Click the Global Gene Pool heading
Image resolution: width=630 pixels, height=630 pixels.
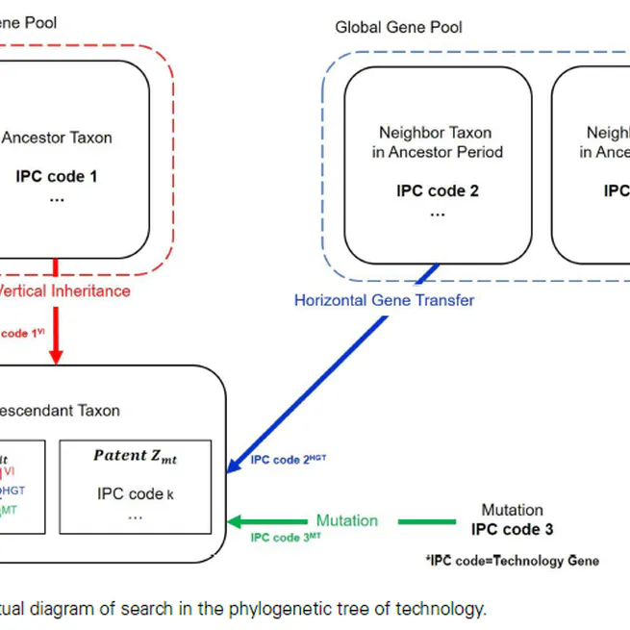(x=398, y=27)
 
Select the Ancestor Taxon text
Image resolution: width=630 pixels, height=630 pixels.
(x=57, y=138)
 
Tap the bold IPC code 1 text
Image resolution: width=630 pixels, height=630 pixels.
(x=57, y=176)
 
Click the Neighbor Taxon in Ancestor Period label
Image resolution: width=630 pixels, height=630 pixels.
(x=437, y=142)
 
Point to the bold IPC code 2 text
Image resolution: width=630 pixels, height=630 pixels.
(x=437, y=190)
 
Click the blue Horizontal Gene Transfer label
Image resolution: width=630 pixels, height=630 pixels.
(x=384, y=300)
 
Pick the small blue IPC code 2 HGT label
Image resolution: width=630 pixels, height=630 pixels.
(x=289, y=460)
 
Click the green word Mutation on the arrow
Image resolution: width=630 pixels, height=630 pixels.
(x=347, y=520)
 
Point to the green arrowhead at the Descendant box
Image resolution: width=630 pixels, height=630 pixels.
(x=234, y=521)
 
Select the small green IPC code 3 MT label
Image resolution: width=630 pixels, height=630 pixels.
(x=286, y=538)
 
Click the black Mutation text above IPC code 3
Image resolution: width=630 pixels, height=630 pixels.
(x=512, y=510)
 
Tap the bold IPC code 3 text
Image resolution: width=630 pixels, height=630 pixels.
(x=512, y=529)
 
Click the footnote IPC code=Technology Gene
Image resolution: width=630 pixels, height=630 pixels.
(x=511, y=561)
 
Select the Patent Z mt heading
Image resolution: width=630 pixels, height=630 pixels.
(x=135, y=457)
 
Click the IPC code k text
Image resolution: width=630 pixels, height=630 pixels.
(x=135, y=493)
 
